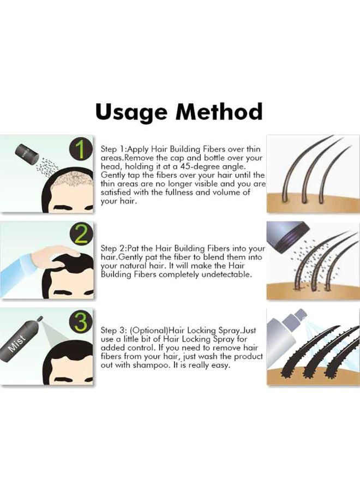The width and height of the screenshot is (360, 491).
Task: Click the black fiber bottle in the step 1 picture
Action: click(x=28, y=152)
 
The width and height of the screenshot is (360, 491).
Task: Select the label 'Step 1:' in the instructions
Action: click(x=114, y=149)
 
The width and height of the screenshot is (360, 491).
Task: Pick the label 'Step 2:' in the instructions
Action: click(x=114, y=249)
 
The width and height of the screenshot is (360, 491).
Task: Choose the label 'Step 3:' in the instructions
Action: click(x=114, y=331)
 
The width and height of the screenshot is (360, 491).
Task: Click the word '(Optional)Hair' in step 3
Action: click(x=156, y=331)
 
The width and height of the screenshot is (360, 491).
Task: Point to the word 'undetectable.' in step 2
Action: click(x=226, y=275)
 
